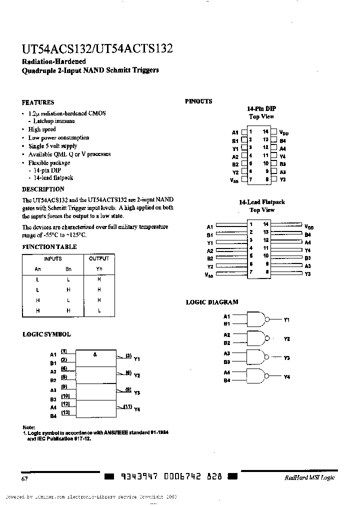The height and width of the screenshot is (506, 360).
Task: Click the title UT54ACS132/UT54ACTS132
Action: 97,49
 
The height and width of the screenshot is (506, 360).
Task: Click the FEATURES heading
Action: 38,102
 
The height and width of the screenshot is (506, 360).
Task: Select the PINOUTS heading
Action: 198,101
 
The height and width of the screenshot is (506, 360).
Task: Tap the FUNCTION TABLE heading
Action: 49,247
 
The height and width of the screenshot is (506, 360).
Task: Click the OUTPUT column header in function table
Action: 99,258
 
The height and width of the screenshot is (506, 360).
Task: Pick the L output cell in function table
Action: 99,310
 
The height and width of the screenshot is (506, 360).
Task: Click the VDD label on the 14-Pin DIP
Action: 283,132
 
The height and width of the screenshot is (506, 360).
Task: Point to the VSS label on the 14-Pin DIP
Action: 234,179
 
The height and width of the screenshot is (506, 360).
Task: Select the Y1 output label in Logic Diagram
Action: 286,319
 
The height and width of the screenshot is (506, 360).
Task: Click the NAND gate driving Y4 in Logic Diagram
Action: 256,376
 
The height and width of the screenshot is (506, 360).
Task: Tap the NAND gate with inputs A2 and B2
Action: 256,338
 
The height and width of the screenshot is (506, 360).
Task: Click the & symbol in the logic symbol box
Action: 95,354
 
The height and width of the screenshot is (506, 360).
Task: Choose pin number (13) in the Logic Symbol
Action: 65,412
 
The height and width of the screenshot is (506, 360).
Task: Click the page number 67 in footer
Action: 24,478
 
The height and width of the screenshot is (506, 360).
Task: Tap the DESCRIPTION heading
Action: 43,189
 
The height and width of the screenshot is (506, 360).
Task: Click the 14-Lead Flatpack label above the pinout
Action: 261,202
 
